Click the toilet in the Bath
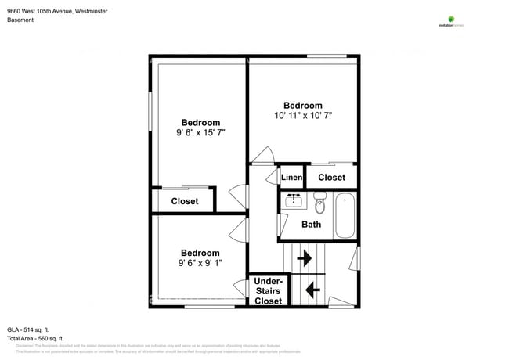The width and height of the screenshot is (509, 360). (319, 205)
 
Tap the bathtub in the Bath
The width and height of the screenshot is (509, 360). (345, 216)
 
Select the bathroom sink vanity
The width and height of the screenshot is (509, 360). (294, 200)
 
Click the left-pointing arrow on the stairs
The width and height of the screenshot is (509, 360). (312, 290)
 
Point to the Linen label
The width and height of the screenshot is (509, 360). (292, 178)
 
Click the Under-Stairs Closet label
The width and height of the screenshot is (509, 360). (269, 291)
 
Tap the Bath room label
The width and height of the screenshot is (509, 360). (312, 225)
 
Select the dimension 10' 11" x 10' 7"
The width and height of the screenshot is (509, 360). (303, 116)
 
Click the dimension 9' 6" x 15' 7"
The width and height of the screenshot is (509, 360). (200, 133)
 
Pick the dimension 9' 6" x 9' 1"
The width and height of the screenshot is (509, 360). (200, 263)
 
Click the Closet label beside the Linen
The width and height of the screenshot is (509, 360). (331, 178)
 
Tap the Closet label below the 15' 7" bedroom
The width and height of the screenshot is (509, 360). (185, 201)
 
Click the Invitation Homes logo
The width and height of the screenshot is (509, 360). (451, 22)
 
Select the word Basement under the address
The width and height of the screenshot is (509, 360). (20, 20)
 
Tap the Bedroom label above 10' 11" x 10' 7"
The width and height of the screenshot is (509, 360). (303, 106)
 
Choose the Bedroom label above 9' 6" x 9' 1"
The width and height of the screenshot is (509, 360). (200, 253)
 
